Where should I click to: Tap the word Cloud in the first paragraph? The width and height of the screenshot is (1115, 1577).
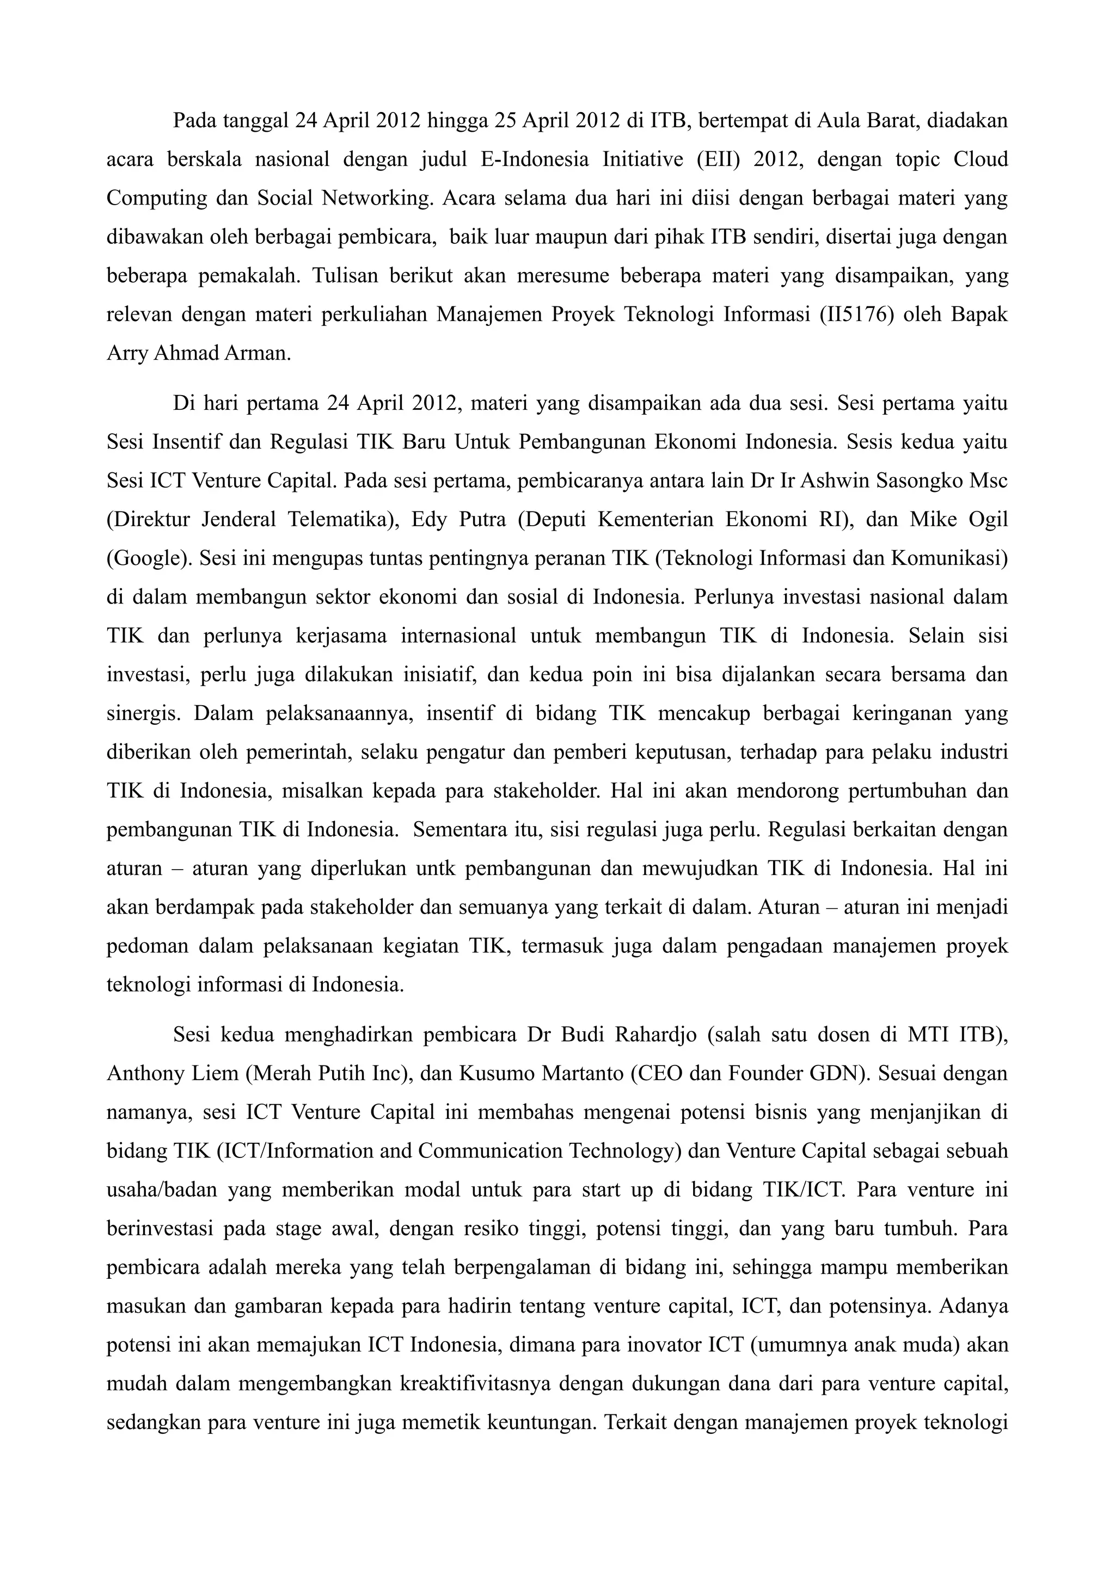tap(981, 159)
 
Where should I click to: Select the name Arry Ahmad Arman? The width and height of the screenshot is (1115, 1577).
tap(199, 353)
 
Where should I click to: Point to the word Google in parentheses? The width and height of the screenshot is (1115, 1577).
tap(149, 558)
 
